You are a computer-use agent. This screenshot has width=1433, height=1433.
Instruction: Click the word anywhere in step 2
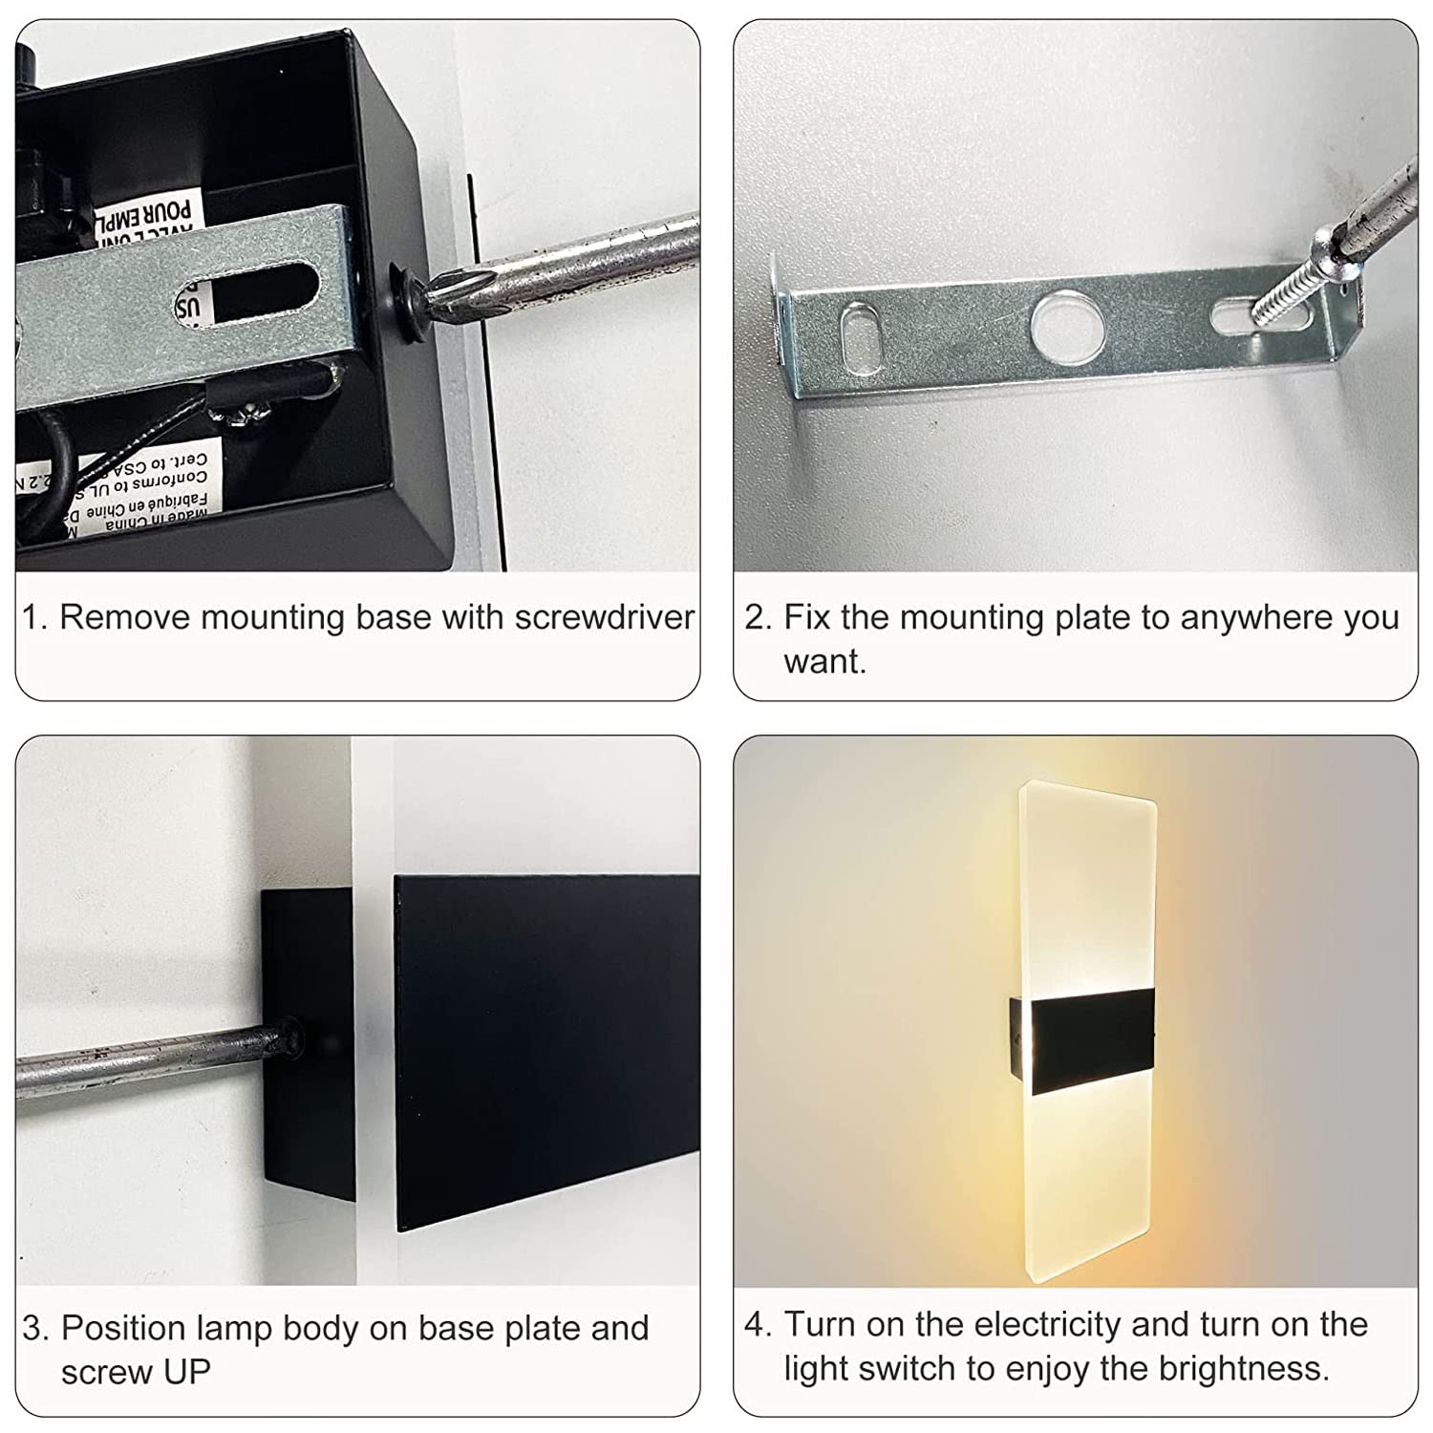(x=1256, y=618)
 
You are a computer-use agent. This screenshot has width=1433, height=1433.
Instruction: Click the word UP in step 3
(x=184, y=1372)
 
